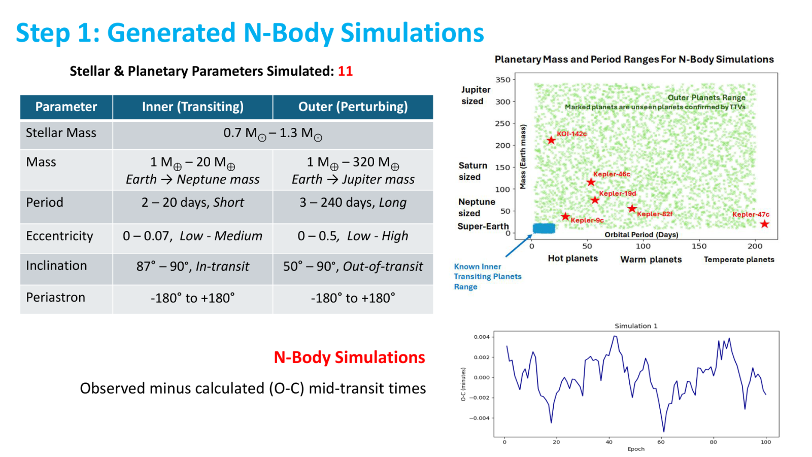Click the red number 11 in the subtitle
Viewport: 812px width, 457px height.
tap(345, 71)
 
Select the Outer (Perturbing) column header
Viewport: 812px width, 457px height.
tap(353, 107)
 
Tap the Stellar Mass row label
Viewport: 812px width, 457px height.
tap(61, 133)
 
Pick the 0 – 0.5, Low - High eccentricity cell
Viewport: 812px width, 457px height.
tap(353, 236)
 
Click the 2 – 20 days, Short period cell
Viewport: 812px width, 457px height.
tap(192, 203)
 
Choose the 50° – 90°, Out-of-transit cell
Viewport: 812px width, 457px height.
tap(353, 266)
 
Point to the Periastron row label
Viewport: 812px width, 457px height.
tap(55, 298)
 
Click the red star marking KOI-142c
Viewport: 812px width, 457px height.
tap(551, 140)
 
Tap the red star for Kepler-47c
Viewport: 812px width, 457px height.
tap(764, 224)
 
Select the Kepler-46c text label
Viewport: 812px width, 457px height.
tap(612, 174)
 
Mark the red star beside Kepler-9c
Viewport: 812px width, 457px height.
tap(565, 216)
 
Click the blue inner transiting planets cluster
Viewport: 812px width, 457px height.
tap(544, 228)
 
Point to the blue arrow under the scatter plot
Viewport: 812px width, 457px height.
tap(519, 246)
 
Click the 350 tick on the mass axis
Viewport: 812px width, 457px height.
tap(503, 80)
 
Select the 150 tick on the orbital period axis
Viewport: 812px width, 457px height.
tap(699, 246)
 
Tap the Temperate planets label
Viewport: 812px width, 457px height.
tap(739, 259)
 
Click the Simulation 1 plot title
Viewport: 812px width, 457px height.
tap(636, 325)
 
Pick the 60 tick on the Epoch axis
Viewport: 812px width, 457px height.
tap(661, 442)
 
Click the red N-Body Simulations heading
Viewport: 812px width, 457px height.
tap(350, 357)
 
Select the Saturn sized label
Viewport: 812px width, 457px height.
tap(472, 171)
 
